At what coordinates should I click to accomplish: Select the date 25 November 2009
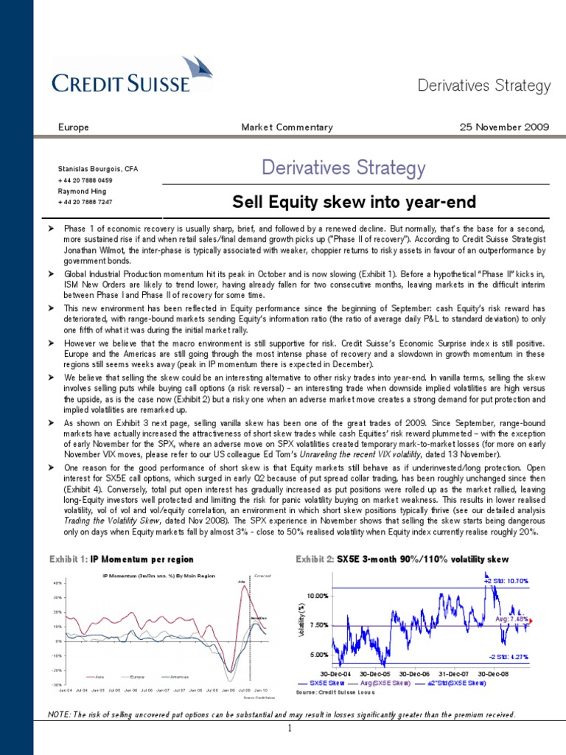click(x=504, y=127)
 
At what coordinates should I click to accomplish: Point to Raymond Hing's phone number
click(x=85, y=201)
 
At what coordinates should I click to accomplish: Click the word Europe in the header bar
click(x=74, y=127)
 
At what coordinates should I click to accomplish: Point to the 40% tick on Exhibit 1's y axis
click(x=57, y=583)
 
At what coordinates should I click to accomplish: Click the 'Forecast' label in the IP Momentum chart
click(x=262, y=575)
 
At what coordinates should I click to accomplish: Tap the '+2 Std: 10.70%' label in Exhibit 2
click(x=506, y=581)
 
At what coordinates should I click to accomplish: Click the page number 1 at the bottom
click(x=290, y=729)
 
